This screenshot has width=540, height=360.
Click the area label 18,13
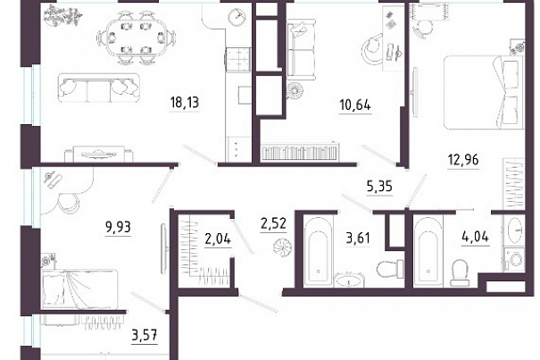[185, 103]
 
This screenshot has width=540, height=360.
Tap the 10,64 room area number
[355, 105]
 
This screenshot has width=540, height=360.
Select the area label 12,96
[463, 160]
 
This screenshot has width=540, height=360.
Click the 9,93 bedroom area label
[118, 227]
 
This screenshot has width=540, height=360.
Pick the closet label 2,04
[218, 239]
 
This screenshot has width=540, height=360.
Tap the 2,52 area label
[273, 223]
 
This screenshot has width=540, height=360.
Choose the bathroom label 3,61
[358, 238]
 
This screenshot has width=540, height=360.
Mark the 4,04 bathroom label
[475, 237]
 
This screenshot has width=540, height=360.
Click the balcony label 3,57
[145, 334]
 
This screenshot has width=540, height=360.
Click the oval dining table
[137, 37]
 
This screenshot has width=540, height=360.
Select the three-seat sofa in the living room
[99, 88]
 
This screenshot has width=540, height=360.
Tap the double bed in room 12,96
[483, 93]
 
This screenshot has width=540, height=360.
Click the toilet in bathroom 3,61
[391, 268]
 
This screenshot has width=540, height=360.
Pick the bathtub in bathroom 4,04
[428, 251]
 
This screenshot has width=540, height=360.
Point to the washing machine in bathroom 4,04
[514, 259]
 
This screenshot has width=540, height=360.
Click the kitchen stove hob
[237, 59]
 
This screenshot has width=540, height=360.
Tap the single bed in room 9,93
[80, 289]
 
